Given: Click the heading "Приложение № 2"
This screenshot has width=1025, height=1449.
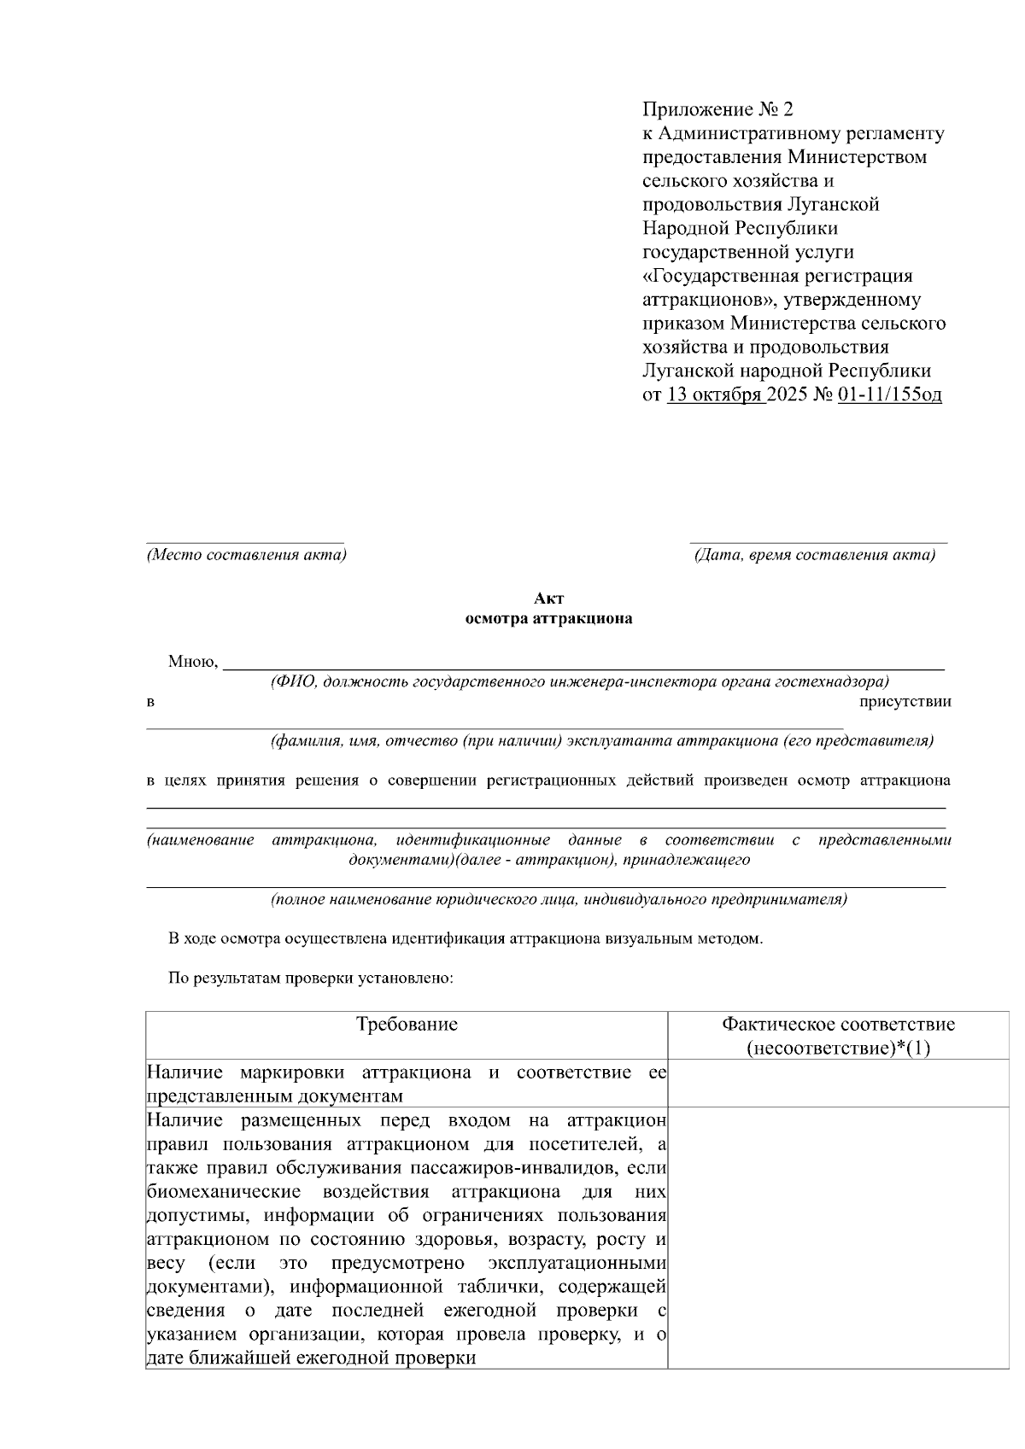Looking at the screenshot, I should pos(717,109).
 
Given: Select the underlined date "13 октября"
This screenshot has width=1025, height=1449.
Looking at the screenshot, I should pos(714,395).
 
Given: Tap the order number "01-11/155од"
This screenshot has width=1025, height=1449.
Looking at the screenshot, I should pos(890,395).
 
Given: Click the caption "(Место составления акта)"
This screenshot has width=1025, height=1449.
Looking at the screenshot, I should pos(246,555).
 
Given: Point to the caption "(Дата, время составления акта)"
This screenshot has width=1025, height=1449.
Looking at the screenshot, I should pos(814,555).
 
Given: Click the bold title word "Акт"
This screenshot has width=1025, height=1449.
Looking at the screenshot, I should pos(548,599).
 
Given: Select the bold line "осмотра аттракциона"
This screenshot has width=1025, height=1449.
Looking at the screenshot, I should pos(548,619).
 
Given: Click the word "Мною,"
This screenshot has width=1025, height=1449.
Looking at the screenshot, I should pos(194,662).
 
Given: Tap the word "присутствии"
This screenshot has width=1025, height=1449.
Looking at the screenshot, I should pos(905,702).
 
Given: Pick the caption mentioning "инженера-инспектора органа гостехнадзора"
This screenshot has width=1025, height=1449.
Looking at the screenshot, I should pos(579,681).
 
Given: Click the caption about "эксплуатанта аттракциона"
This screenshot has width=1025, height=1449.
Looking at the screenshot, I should pos(601,741).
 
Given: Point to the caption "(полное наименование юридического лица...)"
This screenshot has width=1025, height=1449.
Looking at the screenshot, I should pos(559,899).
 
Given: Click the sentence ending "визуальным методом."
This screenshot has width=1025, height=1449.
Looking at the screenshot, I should pos(466,939).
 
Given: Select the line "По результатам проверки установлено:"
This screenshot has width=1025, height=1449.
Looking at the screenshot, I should pos(310,979).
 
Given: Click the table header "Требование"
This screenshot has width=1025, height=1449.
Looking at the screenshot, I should pos(407,1025).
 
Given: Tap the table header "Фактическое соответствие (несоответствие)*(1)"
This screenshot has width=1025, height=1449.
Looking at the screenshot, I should pos(838,1036).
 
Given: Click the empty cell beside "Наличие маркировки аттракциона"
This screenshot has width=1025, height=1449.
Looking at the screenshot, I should pos(838,1084).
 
